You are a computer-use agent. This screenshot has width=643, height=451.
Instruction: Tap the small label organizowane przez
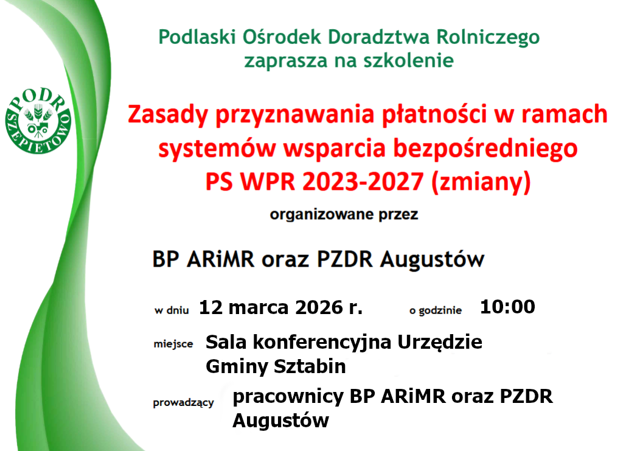click(x=344, y=214)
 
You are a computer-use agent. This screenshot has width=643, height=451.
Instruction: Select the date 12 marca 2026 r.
click(x=280, y=307)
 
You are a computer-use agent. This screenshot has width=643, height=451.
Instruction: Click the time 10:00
click(x=507, y=307)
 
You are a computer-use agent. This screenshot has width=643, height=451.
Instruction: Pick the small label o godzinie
click(x=436, y=310)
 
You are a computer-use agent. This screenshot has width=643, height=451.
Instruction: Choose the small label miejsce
click(x=173, y=344)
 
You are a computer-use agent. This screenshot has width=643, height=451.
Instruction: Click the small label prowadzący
click(x=183, y=402)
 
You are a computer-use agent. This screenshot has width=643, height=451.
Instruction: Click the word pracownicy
click(x=289, y=397)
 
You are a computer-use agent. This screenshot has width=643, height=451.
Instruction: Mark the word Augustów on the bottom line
click(x=280, y=421)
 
